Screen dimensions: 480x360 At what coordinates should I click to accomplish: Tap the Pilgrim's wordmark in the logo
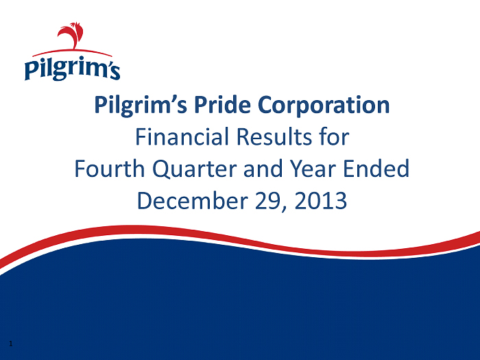[72, 68]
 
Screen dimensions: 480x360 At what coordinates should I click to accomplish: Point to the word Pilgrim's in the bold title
[141, 106]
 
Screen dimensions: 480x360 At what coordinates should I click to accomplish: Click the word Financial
[182, 136]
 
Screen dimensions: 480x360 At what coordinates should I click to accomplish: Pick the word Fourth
[110, 169]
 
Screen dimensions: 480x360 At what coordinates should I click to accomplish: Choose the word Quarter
[195, 169]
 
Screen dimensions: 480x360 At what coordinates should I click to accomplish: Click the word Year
[313, 169]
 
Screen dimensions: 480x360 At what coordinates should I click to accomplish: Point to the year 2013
[320, 200]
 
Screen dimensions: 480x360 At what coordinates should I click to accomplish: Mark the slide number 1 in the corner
[11, 344]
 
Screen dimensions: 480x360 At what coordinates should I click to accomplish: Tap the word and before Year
[263, 169]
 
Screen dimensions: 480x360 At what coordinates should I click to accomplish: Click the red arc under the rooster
[72, 52]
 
